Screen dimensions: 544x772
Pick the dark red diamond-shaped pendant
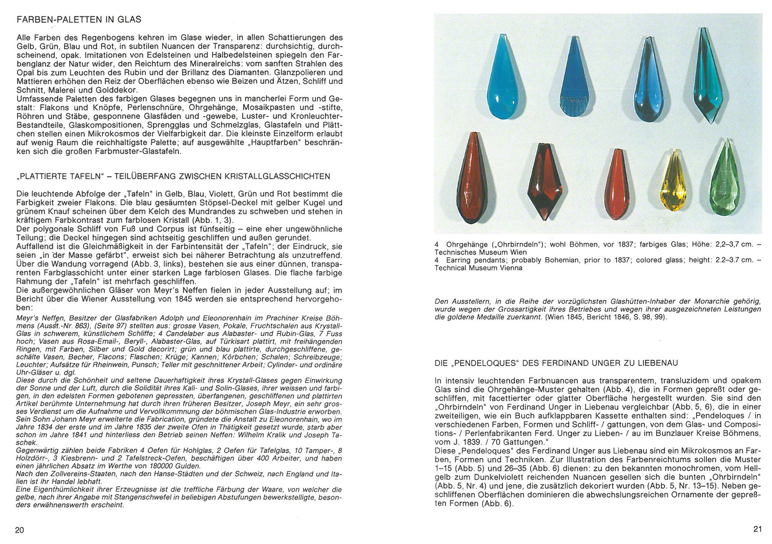point(548,181)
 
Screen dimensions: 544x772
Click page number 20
point(20,530)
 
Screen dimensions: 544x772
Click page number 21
point(758,529)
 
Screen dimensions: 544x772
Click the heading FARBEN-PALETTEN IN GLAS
point(79,20)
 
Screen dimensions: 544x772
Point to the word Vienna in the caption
point(510,268)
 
